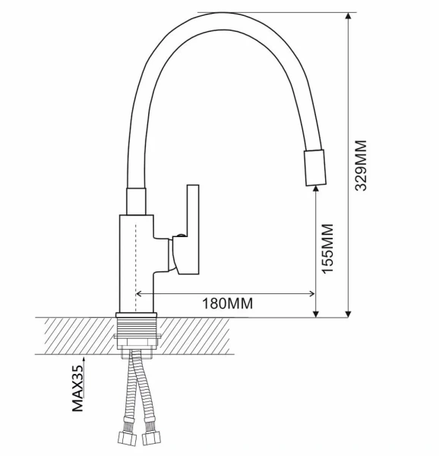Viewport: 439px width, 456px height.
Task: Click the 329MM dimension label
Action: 361,166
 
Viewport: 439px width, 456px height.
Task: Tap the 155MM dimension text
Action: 327,249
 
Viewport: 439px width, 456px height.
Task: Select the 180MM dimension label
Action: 227,303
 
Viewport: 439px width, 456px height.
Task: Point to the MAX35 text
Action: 77,388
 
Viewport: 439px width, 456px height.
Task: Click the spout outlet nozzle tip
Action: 315,167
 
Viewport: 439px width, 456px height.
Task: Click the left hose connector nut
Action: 128,438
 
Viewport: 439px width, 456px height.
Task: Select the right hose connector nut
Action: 151,438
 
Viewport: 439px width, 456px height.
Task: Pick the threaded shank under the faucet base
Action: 136,326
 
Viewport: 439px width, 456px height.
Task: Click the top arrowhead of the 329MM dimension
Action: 349,16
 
